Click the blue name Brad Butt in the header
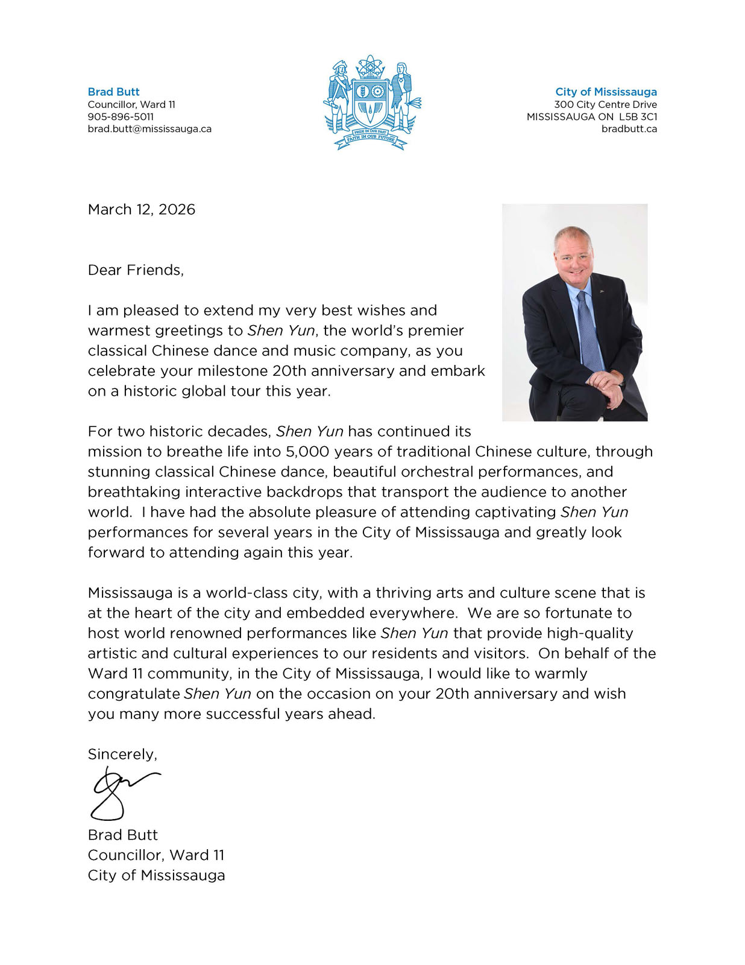click(x=113, y=92)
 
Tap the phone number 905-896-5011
click(x=121, y=116)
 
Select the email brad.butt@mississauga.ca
click(x=149, y=128)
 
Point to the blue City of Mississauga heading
click(x=606, y=92)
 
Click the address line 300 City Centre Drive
click(x=605, y=104)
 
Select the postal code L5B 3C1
click(x=638, y=116)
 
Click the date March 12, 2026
click(x=142, y=209)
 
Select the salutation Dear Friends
click(x=136, y=270)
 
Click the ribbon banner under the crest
click(x=371, y=137)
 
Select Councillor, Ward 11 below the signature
click(x=156, y=855)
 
